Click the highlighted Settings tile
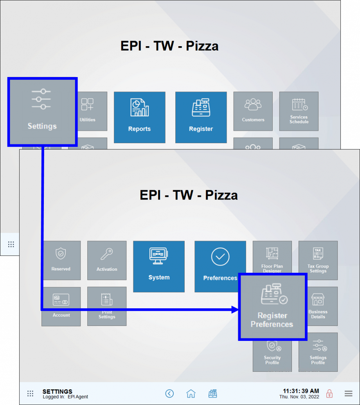pyautogui.click(x=42, y=112)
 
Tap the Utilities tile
pyautogui.click(x=88, y=111)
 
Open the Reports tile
pyautogui.click(x=139, y=117)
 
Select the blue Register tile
pyautogui.click(x=201, y=117)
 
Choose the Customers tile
pyautogui.click(x=253, y=111)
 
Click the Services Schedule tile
pyautogui.click(x=299, y=111)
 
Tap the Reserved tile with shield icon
pyautogui.click(x=61, y=260)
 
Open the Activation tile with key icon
pyautogui.click(x=107, y=260)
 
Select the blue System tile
pyautogui.click(x=159, y=266)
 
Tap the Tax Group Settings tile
pyautogui.click(x=318, y=260)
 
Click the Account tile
pyautogui.click(x=61, y=306)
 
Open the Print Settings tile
pyautogui.click(x=107, y=306)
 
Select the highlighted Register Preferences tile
pyautogui.click(x=272, y=307)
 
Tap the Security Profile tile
pyautogui.click(x=272, y=356)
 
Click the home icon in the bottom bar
pyautogui.click(x=191, y=394)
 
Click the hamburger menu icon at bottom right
pyautogui.click(x=348, y=394)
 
